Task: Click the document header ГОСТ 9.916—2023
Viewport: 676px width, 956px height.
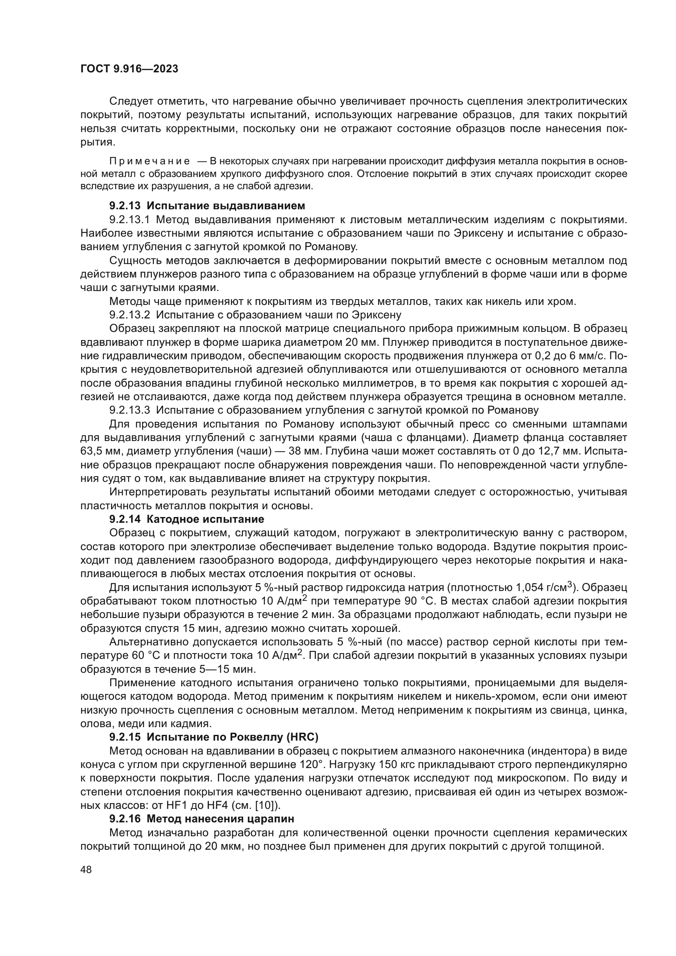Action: point(129,69)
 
